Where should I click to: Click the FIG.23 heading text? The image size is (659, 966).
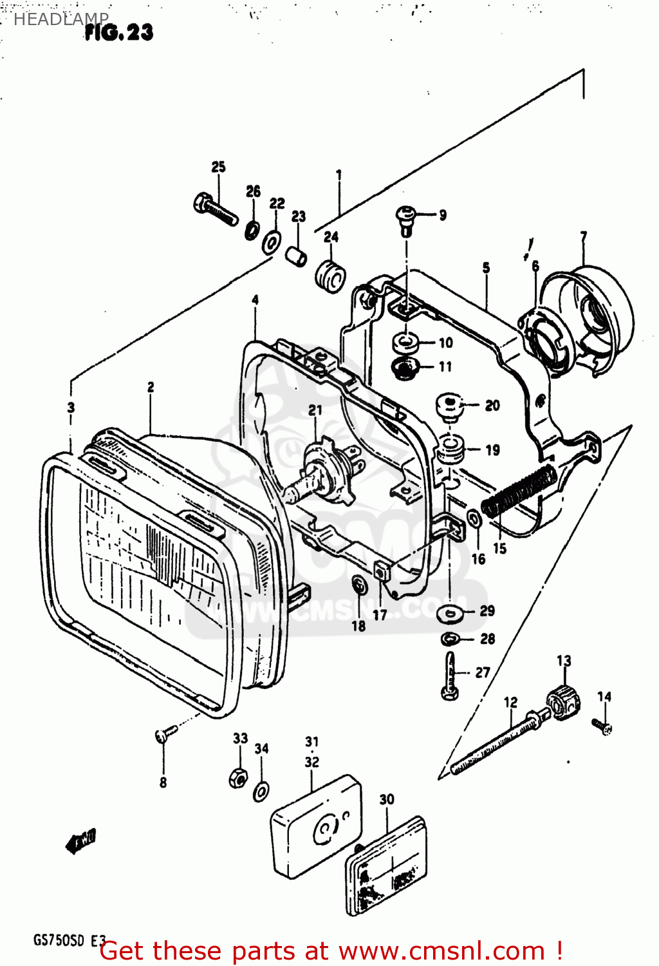119,32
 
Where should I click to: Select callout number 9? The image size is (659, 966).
443,215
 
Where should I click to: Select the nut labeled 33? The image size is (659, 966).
237,777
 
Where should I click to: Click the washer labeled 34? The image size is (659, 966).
261,790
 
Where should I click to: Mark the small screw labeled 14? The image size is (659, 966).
604,727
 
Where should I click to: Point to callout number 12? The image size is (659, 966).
510,702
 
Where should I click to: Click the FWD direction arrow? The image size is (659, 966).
81,840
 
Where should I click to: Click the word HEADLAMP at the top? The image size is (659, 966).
61,19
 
